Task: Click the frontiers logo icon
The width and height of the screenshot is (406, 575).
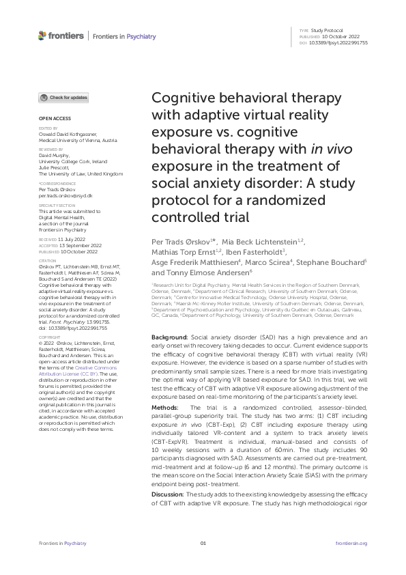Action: click(x=43, y=36)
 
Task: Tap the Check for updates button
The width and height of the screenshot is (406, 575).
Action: click(x=63, y=98)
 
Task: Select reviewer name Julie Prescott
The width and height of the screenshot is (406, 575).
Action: click(x=53, y=169)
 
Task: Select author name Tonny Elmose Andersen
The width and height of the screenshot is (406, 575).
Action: click(x=213, y=271)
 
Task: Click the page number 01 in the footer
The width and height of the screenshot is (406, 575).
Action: click(x=203, y=543)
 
